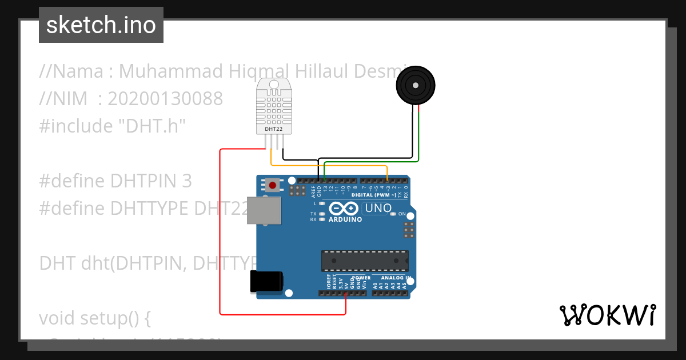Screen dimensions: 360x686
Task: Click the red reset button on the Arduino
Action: (x=273, y=185)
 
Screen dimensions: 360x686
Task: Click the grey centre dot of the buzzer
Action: (x=416, y=86)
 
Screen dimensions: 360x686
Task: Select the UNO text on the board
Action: (x=378, y=208)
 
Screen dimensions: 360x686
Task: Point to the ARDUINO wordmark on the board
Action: (x=346, y=219)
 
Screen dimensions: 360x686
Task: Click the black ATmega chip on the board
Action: (x=365, y=260)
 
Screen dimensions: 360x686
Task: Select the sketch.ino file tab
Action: (x=101, y=25)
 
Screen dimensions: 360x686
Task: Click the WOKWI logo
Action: (x=607, y=315)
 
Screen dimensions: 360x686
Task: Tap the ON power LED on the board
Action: (x=393, y=214)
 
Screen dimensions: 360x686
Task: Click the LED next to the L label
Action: (x=322, y=203)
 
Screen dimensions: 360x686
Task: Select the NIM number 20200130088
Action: (x=165, y=99)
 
